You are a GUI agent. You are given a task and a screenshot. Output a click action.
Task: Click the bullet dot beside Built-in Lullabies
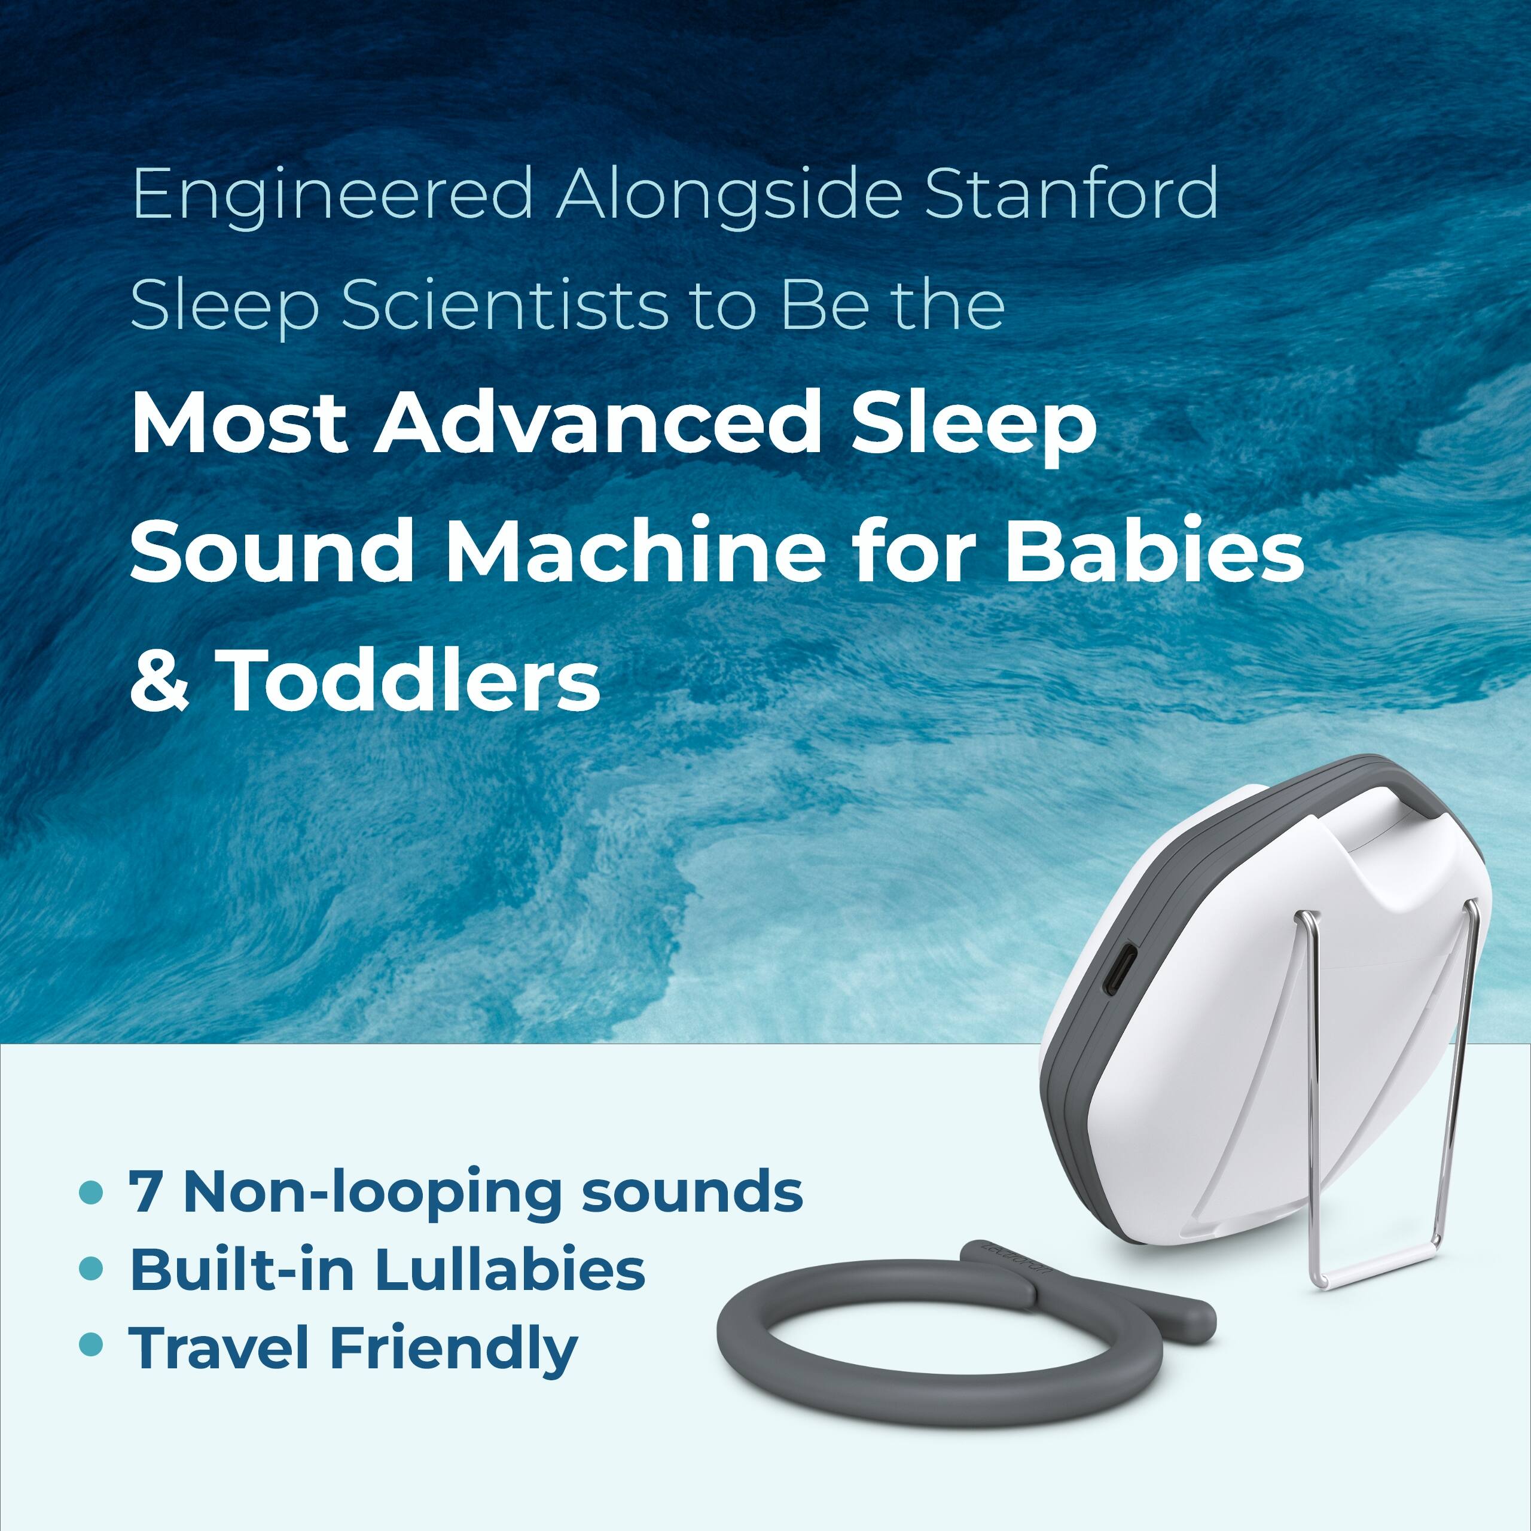click(92, 1268)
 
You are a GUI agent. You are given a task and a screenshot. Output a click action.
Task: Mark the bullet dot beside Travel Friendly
click(92, 1345)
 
